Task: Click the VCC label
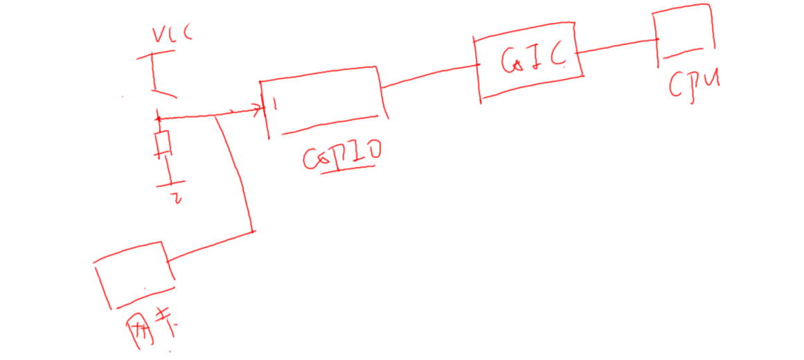(x=169, y=34)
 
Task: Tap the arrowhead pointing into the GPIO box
(x=260, y=109)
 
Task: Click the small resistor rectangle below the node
(x=163, y=143)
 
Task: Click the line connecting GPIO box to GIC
(x=429, y=75)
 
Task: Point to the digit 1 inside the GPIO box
(x=275, y=105)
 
